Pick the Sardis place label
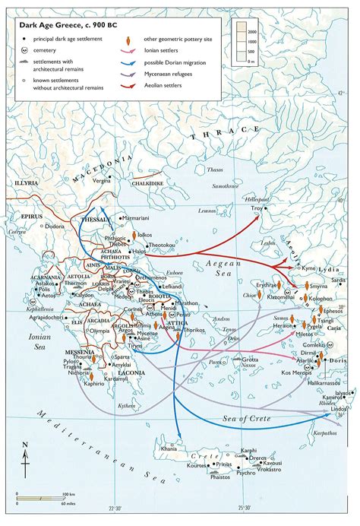(338, 280)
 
